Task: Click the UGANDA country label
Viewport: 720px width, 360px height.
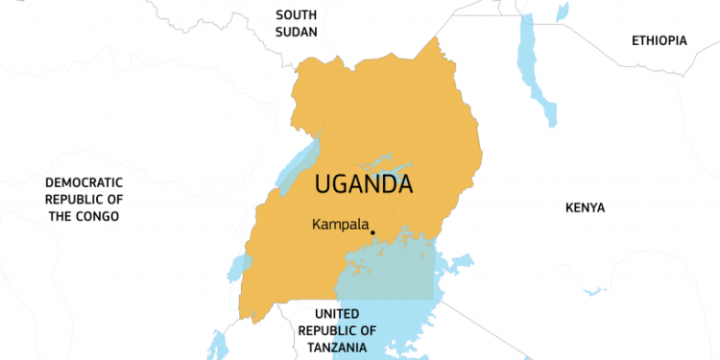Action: click(x=364, y=183)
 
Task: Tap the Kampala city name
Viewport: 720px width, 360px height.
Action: click(x=340, y=225)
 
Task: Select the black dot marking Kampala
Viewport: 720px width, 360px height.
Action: click(x=372, y=231)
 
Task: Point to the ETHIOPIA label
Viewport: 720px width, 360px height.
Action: click(x=660, y=40)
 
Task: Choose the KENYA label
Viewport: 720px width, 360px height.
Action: click(x=586, y=207)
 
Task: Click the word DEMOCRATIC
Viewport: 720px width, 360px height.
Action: click(x=84, y=182)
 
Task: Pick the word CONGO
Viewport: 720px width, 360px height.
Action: click(x=98, y=216)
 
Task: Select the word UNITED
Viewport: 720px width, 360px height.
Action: click(x=336, y=314)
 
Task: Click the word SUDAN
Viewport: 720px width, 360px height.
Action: click(x=296, y=32)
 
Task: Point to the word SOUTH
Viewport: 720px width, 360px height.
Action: click(x=296, y=14)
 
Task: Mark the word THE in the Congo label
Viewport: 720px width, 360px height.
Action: click(x=62, y=216)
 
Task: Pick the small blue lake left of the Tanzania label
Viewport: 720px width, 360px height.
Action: click(x=217, y=344)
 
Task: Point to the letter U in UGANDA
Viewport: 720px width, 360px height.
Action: click(x=324, y=183)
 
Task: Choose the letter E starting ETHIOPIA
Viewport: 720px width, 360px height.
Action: click(x=636, y=40)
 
